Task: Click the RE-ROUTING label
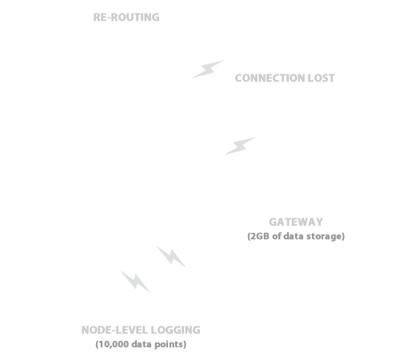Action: (x=126, y=18)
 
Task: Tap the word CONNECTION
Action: (x=270, y=78)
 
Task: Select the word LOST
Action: (x=321, y=78)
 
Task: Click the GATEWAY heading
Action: (x=296, y=222)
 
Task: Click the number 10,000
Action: (x=114, y=344)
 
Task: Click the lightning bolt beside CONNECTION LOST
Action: (x=208, y=70)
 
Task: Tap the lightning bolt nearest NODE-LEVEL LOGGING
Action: (x=135, y=282)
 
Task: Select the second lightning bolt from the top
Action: (x=240, y=146)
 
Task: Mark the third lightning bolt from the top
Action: (x=171, y=257)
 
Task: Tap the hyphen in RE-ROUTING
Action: (x=109, y=18)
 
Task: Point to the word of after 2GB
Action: (x=276, y=236)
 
